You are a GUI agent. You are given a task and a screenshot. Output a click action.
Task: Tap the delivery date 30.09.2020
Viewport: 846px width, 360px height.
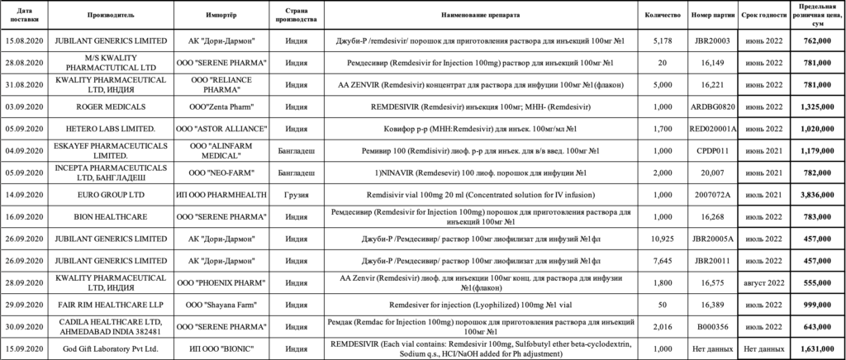point(23,325)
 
